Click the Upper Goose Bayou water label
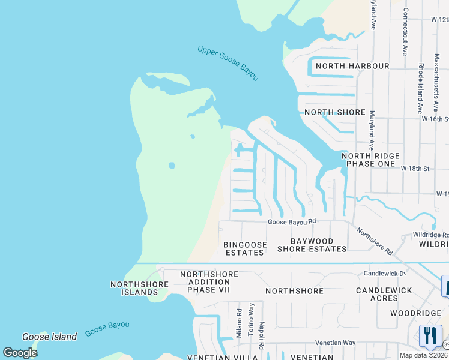(228, 63)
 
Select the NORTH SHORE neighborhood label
(334, 112)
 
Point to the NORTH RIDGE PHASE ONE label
(369, 160)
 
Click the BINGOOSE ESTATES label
(244, 248)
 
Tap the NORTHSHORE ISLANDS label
(134, 288)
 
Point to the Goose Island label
(49, 337)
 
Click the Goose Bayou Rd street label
(291, 221)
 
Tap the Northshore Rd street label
(374, 240)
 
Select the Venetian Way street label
(336, 343)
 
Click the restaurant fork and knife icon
(430, 337)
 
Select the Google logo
(20, 353)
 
